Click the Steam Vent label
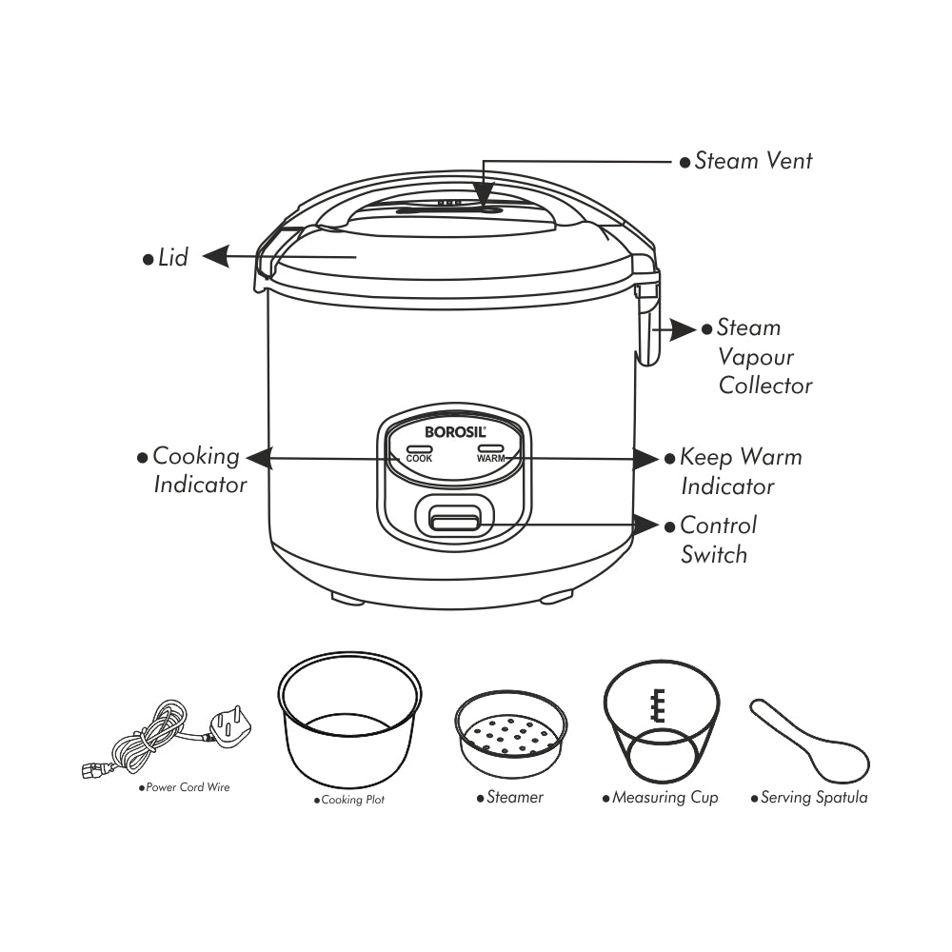coord(753,161)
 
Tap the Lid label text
coord(173,257)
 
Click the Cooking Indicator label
coord(199,470)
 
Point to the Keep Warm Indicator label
coord(740,471)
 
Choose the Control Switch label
coord(718,540)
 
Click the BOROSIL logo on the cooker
coord(454,431)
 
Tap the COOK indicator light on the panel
coord(419,448)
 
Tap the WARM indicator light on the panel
coord(490,448)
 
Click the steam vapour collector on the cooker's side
coord(647,328)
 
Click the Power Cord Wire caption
coord(188,787)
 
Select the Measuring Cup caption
coord(664,798)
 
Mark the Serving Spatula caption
coord(813,798)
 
